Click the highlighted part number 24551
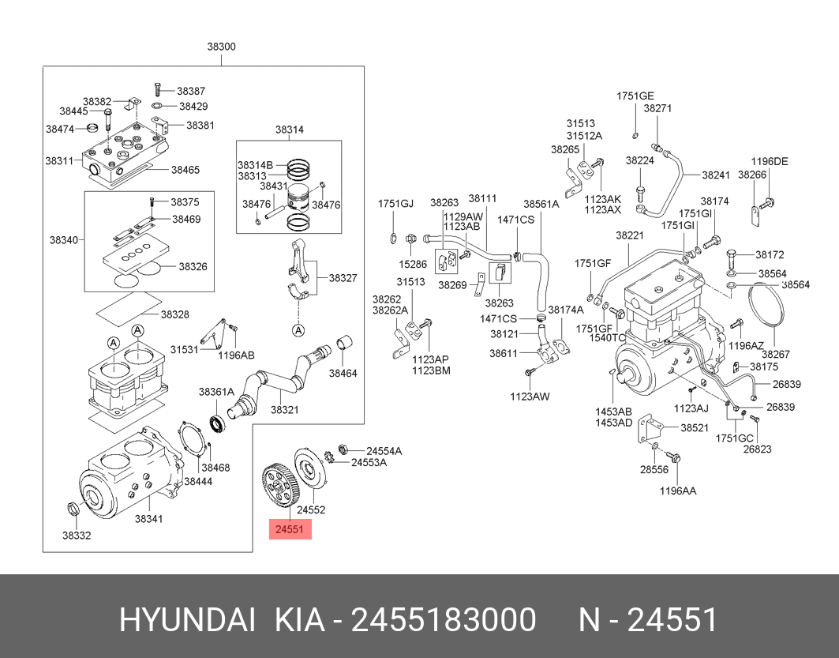pos(290,529)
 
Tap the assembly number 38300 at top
pos(221,47)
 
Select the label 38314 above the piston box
pos(289,129)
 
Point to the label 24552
pos(310,510)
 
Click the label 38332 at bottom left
pos(77,536)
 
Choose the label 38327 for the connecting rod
pos(343,278)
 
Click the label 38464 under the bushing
pos(343,373)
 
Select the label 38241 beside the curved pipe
pos(716,175)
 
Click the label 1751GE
pos(635,96)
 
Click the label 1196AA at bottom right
pos(678,491)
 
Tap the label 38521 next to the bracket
pos(695,427)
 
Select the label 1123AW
pos(529,396)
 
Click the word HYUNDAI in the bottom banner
pos(186,621)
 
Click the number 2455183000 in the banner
pos(443,621)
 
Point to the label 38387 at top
pos(190,91)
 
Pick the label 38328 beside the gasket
pos(174,314)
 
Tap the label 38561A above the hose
pos(541,203)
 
